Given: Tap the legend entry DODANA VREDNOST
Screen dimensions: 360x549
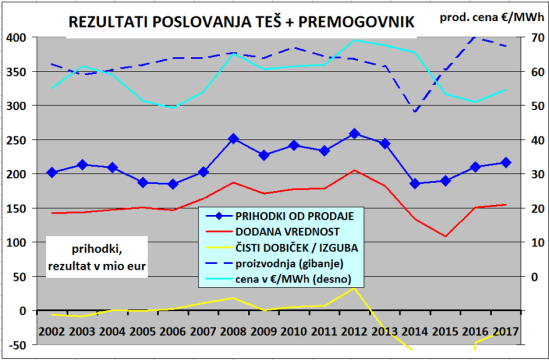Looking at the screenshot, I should click(x=280, y=232).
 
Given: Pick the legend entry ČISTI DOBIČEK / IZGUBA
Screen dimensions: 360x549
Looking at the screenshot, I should click(x=290, y=248).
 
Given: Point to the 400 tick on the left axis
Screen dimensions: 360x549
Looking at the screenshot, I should click(x=18, y=37).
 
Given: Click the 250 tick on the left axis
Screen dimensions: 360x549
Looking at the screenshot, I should click(x=18, y=140).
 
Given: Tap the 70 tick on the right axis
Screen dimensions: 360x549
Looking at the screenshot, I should click(x=535, y=37).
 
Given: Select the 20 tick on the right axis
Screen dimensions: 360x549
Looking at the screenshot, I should click(x=535, y=209).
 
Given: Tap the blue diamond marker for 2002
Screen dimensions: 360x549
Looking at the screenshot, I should click(x=52, y=172).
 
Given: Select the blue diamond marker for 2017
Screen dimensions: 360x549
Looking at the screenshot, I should click(x=507, y=162).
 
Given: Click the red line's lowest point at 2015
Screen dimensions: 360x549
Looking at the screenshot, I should click(x=446, y=237).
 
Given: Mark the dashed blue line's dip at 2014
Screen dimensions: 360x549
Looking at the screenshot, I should click(x=415, y=111).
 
